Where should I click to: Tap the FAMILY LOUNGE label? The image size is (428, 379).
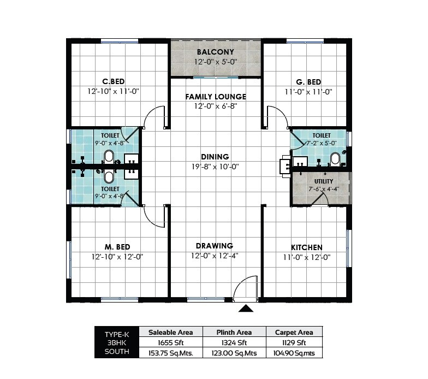215,97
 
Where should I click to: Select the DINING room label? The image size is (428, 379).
215,157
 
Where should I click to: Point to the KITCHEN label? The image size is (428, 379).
306,247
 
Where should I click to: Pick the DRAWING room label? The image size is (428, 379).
215,246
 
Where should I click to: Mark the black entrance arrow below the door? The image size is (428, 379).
246,309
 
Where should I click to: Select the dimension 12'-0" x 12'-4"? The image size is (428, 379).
215,256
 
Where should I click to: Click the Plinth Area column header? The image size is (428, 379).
234,332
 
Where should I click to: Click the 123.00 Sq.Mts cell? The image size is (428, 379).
234,353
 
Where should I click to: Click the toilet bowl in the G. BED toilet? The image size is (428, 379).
335,159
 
